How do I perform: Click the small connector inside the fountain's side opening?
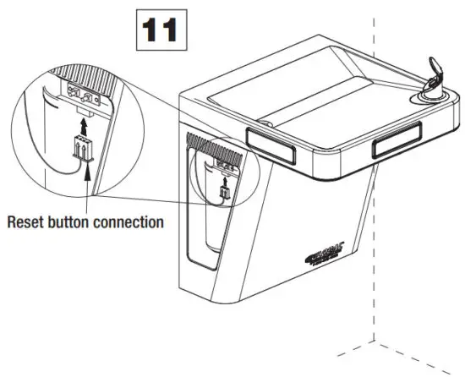(225, 193)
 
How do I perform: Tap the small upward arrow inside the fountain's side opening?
(225, 178)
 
